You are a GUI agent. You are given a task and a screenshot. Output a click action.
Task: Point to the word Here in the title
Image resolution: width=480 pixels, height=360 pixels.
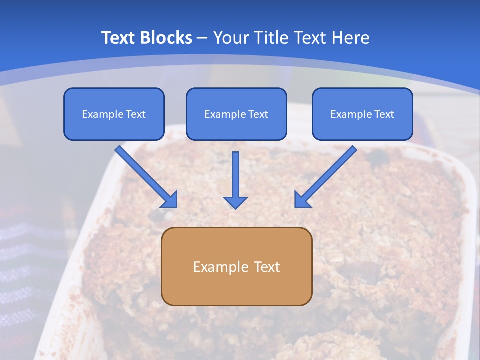[350, 38]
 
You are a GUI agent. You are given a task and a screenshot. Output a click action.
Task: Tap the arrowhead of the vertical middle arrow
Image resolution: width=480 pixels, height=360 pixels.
[235, 202]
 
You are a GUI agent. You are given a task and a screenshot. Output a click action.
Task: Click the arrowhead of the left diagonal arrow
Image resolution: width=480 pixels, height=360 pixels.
[170, 200]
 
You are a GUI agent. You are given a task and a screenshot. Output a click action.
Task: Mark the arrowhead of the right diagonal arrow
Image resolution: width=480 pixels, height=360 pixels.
[302, 200]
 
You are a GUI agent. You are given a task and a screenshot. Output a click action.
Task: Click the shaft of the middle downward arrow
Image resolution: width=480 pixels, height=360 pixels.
[235, 172]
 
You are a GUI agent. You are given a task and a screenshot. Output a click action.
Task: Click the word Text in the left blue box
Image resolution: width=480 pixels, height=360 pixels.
[135, 114]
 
